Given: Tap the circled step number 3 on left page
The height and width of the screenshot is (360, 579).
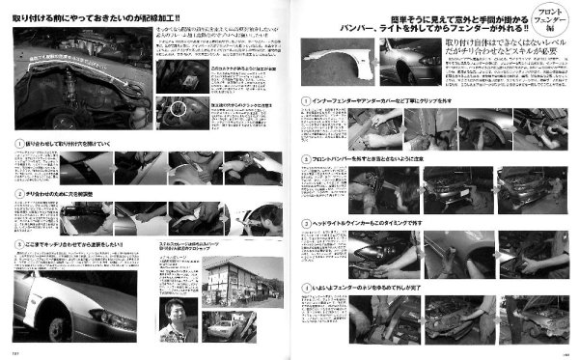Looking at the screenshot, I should click(x=17, y=245).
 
